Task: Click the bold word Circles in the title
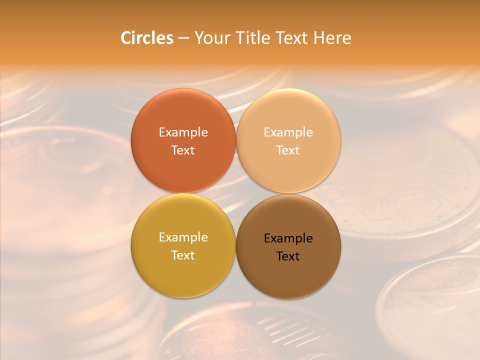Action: click(146, 38)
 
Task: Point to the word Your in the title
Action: click(211, 38)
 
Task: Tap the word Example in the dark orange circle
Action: click(183, 132)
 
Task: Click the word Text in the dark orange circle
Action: click(183, 150)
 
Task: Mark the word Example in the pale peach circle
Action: click(288, 132)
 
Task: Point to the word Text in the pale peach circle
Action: click(288, 150)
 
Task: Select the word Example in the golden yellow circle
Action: click(183, 237)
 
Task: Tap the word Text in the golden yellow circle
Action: click(183, 255)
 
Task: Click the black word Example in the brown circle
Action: click(288, 238)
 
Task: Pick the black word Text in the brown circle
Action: click(288, 256)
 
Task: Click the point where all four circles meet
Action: click(236, 193)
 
